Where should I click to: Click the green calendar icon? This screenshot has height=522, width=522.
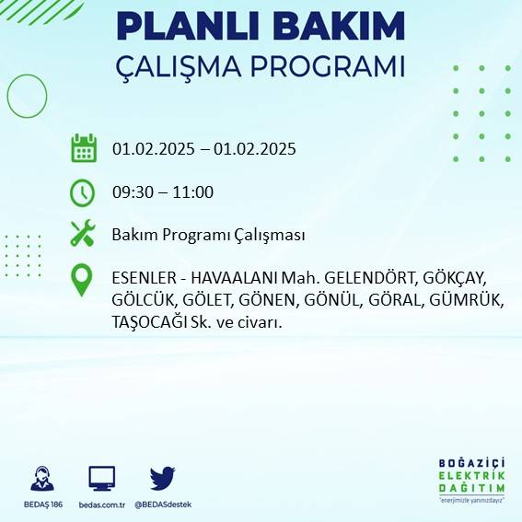83,148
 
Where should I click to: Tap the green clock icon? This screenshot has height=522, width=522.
83,192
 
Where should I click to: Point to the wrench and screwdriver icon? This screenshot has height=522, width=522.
83,234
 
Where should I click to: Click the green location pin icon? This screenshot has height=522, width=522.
83,280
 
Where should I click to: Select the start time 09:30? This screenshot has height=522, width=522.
134,192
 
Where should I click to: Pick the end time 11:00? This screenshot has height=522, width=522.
194,192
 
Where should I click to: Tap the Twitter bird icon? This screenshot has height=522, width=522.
162,478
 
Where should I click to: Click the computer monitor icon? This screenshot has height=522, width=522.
101,478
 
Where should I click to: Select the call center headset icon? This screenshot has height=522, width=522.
41,479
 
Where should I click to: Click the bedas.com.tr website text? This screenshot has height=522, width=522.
101,505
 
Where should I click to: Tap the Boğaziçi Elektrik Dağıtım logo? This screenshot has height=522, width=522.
472,481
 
